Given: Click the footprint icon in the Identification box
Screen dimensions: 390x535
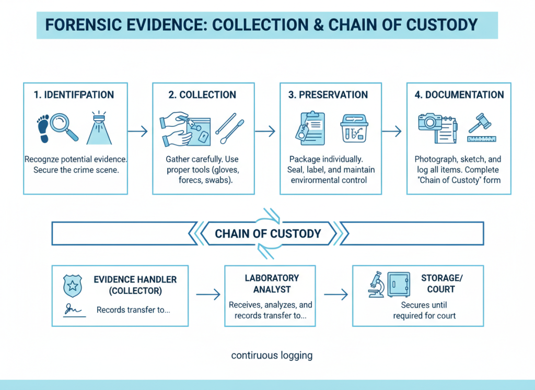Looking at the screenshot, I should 43,128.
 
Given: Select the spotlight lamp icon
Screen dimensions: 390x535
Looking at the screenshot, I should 99,128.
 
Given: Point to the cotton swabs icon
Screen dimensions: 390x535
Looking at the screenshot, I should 230,128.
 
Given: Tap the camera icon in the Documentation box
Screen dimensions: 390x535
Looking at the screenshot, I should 431,122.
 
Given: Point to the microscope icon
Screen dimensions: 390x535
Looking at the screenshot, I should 376,285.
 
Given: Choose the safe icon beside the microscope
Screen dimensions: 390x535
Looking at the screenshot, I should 399,285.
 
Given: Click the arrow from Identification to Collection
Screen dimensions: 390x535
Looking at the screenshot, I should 138,131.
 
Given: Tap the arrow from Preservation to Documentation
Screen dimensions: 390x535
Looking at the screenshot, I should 392,131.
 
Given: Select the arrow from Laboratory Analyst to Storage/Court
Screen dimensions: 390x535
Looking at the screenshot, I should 335,295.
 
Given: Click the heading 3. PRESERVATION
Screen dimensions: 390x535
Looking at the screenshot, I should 328,95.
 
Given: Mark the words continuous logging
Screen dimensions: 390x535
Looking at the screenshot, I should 272,356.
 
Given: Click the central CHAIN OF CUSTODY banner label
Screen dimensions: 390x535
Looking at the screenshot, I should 267,233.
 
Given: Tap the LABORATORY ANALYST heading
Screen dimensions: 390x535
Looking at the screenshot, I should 272,283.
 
